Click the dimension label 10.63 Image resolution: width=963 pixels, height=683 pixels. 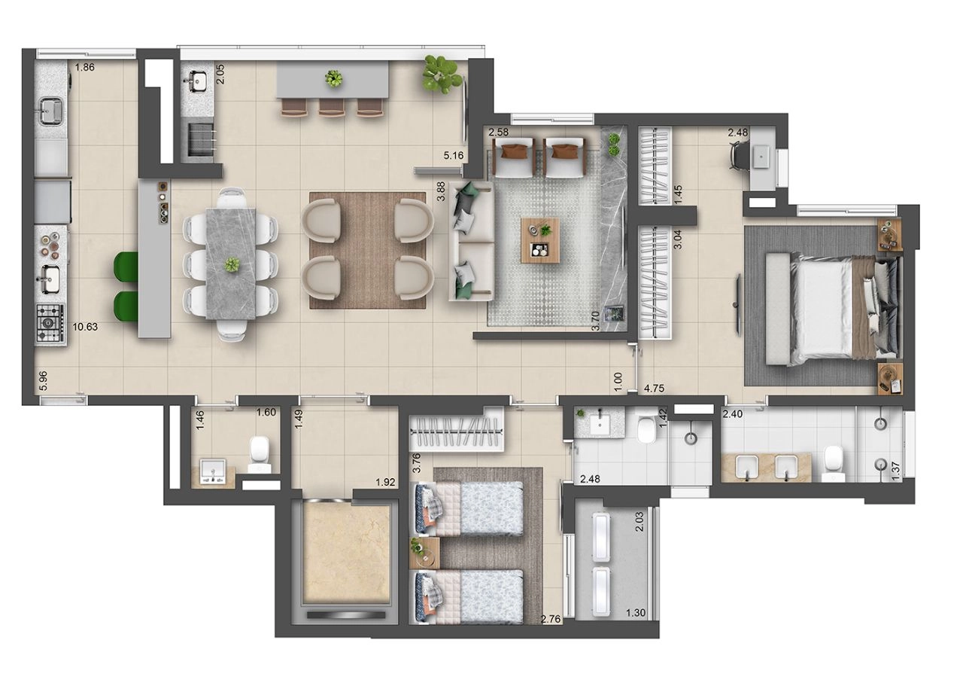(x=85, y=327)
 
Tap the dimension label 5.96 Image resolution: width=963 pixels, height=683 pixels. (x=44, y=381)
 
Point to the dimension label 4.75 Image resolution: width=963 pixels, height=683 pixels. (x=654, y=389)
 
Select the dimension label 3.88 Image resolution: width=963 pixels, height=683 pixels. (x=441, y=191)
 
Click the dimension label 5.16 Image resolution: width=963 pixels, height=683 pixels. (x=454, y=155)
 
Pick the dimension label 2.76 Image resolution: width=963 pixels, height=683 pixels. (x=551, y=619)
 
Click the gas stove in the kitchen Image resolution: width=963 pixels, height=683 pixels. (x=50, y=323)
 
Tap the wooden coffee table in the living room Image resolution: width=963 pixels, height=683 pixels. (x=540, y=240)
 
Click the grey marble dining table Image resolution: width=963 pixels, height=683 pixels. (x=231, y=264)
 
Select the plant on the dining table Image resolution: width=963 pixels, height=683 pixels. (x=232, y=264)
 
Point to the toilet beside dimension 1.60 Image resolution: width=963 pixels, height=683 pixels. (x=260, y=454)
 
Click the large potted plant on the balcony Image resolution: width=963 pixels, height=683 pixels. (x=440, y=74)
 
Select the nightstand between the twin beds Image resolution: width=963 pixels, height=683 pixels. (x=424, y=552)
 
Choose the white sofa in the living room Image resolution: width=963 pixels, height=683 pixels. (x=471, y=241)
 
